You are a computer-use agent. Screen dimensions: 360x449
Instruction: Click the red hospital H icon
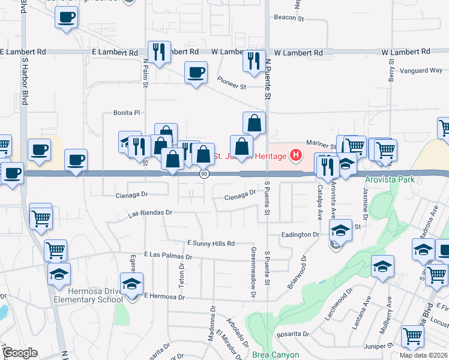295,155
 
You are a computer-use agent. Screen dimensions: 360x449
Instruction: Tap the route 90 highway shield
204,174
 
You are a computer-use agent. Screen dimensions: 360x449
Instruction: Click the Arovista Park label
390,179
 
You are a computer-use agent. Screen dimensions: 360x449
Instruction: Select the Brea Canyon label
276,355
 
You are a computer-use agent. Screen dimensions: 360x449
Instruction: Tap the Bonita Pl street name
127,112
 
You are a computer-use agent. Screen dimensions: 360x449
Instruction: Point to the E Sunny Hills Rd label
211,243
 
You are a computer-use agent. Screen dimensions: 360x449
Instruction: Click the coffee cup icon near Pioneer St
196,73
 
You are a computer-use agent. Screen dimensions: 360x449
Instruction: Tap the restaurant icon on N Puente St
254,60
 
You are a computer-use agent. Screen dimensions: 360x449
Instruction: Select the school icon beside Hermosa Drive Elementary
131,283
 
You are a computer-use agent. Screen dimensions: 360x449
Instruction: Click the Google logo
19,353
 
